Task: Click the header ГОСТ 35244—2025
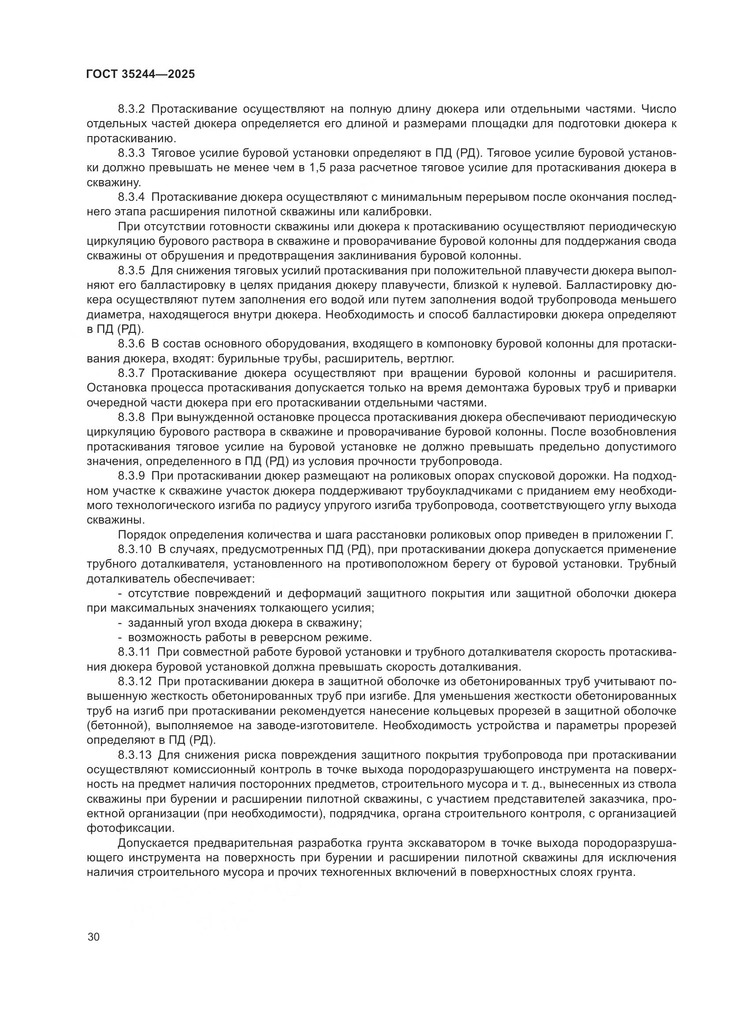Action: click(141, 74)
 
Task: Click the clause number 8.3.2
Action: click(131, 109)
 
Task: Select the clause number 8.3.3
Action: click(131, 153)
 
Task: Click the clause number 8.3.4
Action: click(131, 197)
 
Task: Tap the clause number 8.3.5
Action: click(131, 271)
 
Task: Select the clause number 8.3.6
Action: click(131, 344)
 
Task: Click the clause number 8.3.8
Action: click(131, 417)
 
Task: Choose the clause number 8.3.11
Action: click(134, 652)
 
